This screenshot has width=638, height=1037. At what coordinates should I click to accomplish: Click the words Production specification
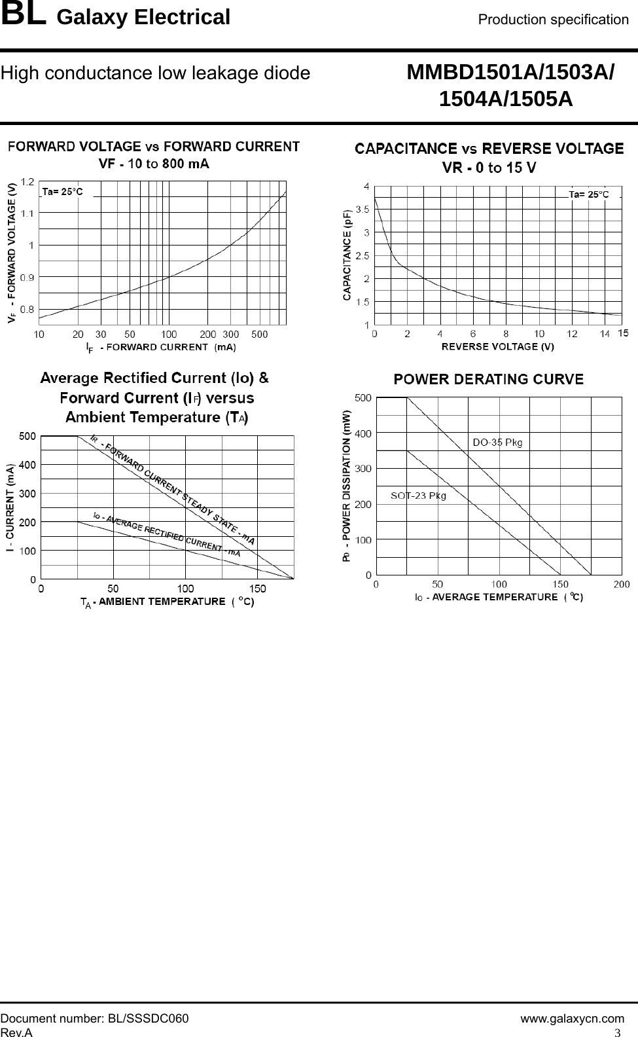pos(553,20)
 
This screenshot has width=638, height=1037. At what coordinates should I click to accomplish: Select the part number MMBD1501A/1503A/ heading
pos(510,73)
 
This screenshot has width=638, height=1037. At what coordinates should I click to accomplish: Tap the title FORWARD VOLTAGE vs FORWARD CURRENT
pos(154,146)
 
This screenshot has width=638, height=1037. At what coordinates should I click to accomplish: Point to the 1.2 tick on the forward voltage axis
pos(27,181)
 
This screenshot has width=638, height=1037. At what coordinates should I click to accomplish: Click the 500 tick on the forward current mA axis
pos(260,335)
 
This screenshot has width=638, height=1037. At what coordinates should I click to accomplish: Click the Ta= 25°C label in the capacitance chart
pos(589,194)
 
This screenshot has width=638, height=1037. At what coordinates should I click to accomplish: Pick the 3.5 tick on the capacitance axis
pos(362,209)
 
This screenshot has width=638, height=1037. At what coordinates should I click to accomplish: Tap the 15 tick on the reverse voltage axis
pos(623,334)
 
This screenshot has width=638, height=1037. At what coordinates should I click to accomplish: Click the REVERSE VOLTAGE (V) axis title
pos(498,346)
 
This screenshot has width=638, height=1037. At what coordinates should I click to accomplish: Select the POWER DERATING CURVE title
pos(488,379)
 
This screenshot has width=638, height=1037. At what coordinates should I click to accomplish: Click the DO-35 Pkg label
pos(497,443)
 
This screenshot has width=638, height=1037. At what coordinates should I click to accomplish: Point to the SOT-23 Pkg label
pos(418,496)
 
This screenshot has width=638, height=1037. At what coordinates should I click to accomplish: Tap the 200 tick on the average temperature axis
pos(621,584)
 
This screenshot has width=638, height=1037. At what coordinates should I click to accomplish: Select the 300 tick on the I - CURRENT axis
pos(27,493)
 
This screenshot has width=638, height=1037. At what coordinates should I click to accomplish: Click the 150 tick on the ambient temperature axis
pos(257,589)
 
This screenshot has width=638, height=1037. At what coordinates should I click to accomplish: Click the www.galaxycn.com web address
pos(572,1019)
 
